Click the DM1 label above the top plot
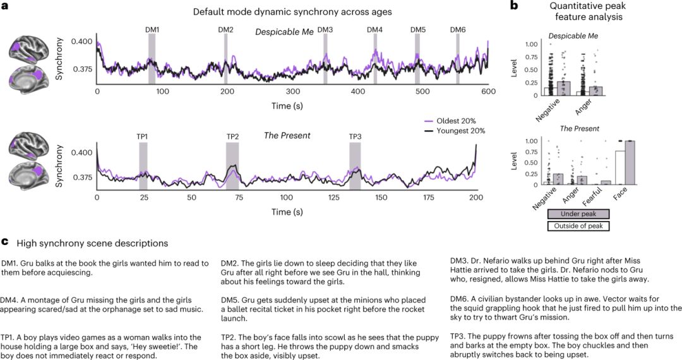[x=152, y=30]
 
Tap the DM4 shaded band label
[x=375, y=30]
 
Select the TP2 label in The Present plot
[x=233, y=137]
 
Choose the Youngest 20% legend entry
[x=460, y=131]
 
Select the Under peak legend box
[x=578, y=215]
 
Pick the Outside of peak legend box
[x=578, y=225]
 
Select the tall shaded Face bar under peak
[x=629, y=163]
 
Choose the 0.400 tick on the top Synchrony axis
[x=82, y=42]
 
